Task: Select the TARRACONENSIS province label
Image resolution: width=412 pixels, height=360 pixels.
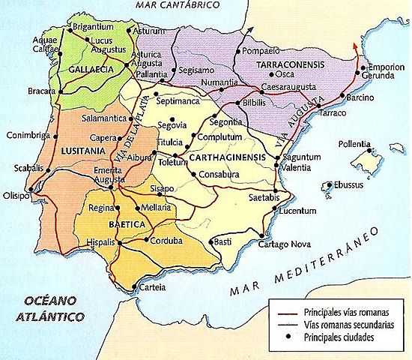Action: (x=284, y=66)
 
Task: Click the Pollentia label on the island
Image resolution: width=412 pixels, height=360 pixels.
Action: (x=357, y=142)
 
